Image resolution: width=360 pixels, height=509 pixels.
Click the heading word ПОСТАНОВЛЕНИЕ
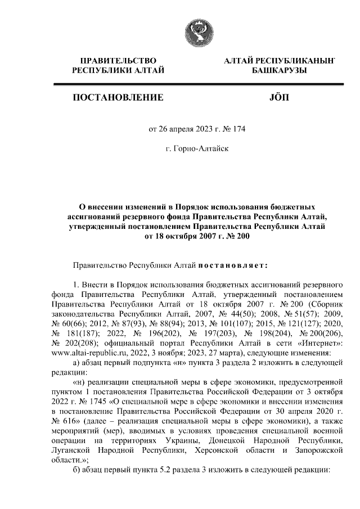point(118,98)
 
